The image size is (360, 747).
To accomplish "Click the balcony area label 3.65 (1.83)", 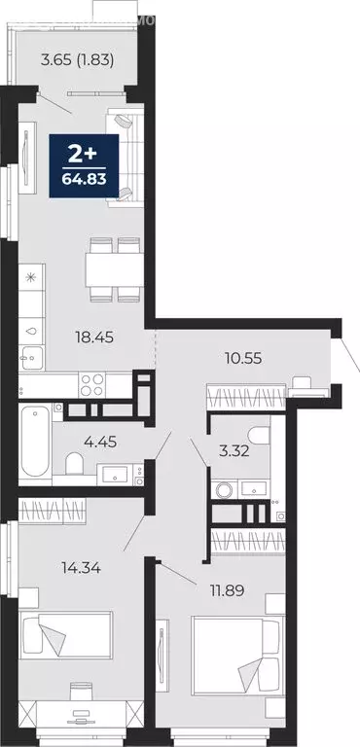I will [x=78, y=59].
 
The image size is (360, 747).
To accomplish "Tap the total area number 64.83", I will [x=85, y=179].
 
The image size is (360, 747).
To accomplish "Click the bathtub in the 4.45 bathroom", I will [x=36, y=443].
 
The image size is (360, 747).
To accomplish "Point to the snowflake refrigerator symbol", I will [x=30, y=278].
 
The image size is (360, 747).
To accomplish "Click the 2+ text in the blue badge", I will [x=85, y=154].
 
